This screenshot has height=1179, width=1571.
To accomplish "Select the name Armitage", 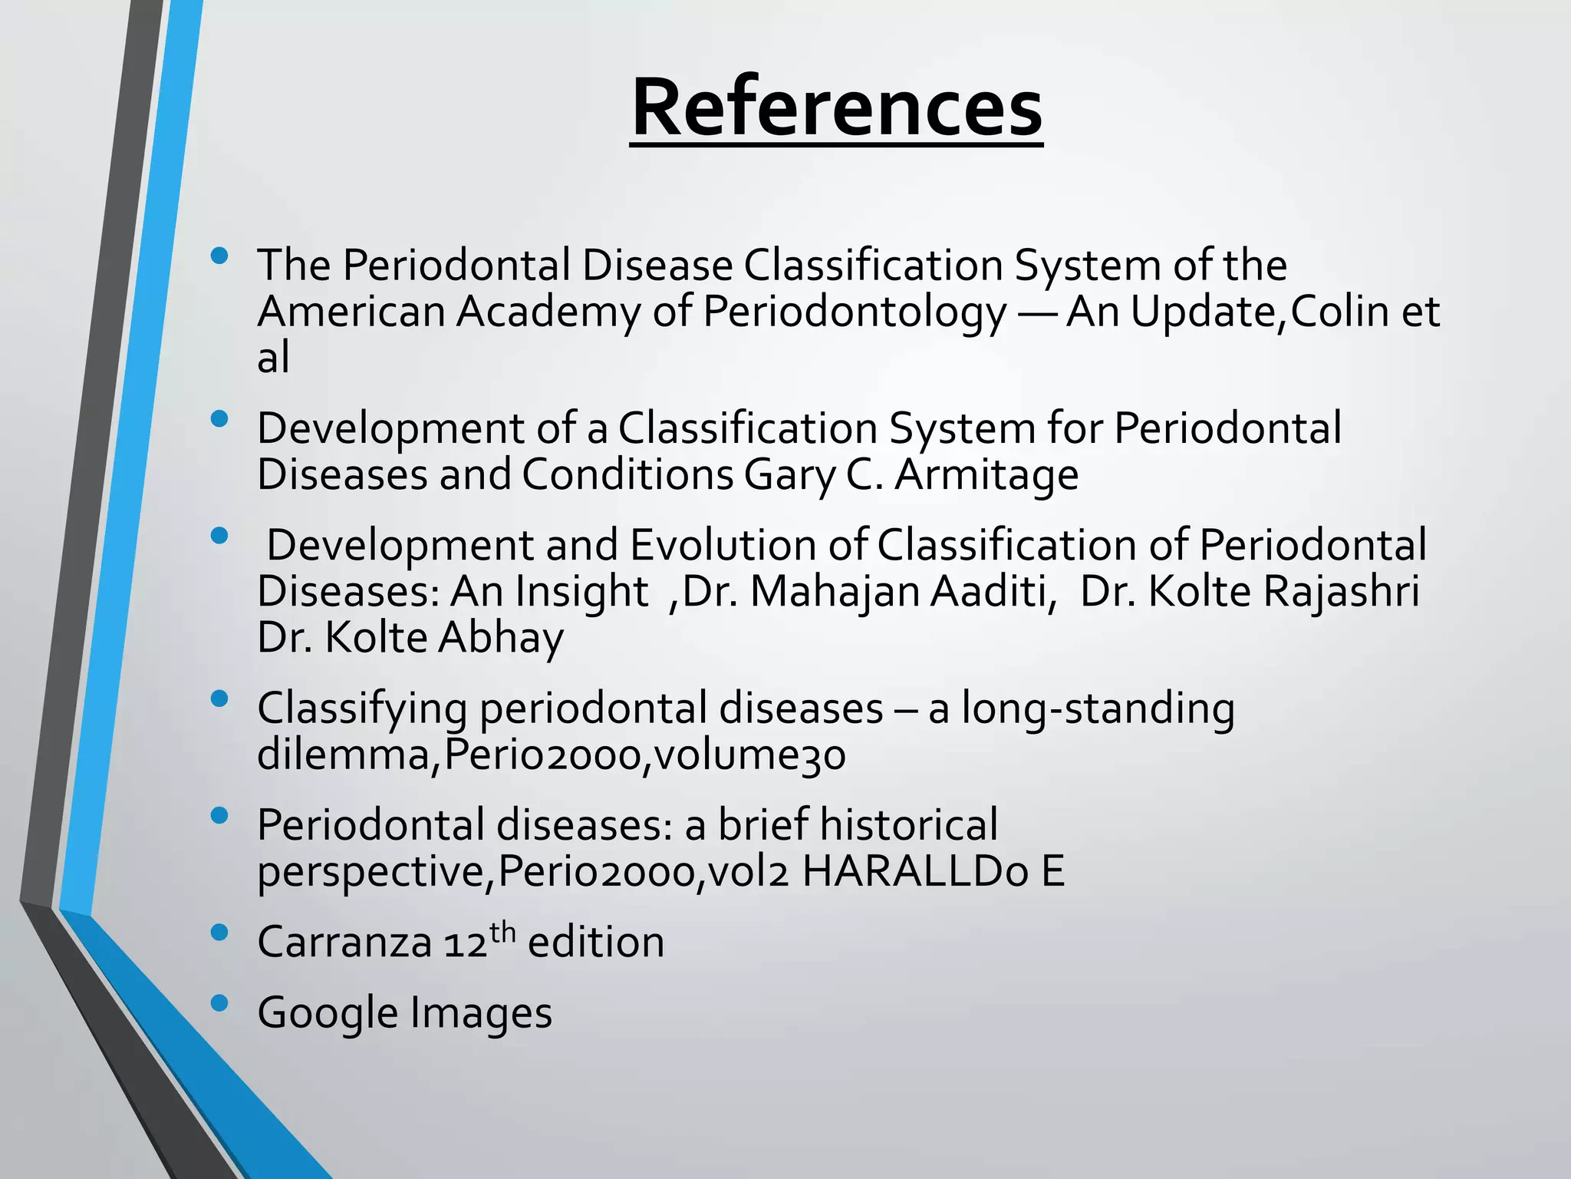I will click(986, 474).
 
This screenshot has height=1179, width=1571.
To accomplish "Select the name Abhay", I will click(500, 639).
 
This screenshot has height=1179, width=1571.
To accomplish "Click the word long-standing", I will click(1098, 708).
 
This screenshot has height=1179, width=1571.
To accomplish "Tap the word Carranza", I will click(344, 942).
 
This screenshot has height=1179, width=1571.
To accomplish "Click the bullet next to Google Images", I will click(219, 1002).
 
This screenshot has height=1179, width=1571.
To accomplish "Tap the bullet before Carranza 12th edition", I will click(219, 933).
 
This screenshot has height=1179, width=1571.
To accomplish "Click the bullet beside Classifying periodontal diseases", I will click(219, 698).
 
